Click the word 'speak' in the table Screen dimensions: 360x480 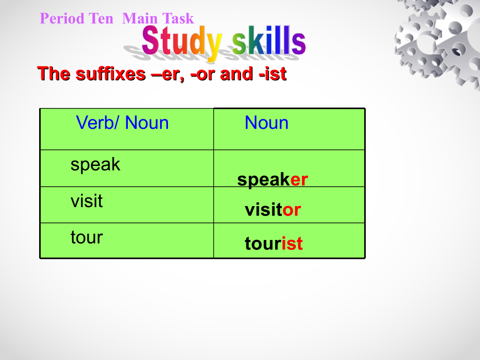click(x=95, y=165)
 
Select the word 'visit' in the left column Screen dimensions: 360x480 click(x=87, y=201)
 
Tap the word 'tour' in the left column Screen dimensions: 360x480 click(x=87, y=237)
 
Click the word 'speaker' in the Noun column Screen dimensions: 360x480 click(x=272, y=180)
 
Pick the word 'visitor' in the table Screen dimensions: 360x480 click(x=273, y=210)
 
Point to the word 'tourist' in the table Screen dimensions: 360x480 click(x=273, y=244)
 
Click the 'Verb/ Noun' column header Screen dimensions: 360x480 click(x=122, y=123)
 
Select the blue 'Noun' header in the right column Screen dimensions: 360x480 click(x=266, y=123)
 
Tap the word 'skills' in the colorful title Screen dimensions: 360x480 click(x=269, y=42)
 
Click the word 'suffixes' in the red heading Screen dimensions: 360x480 click(x=111, y=74)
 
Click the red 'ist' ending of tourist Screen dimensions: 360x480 click(x=292, y=244)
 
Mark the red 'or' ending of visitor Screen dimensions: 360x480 click(x=292, y=210)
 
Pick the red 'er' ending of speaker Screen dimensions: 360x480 click(x=299, y=180)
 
